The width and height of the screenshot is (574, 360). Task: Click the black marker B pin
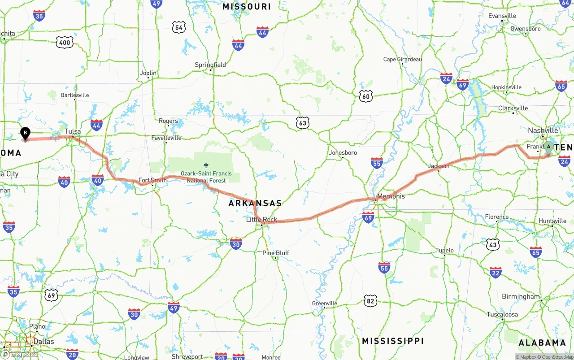coord(26,133)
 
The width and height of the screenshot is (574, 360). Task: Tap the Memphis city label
coord(391,196)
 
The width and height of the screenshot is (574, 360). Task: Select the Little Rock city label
coord(261,220)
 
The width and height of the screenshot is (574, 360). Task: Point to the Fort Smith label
coord(152,180)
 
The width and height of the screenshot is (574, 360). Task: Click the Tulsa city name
coord(73,131)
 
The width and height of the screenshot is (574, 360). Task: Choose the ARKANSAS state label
coord(255,203)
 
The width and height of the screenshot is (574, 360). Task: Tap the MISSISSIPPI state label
coord(392,341)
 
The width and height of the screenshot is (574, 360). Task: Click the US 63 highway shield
coord(303,123)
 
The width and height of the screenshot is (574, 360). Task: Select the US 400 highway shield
coord(65,43)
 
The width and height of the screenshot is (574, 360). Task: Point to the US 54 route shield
coord(178,27)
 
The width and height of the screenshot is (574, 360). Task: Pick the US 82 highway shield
coord(370,300)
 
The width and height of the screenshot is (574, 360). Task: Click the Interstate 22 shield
coord(496,272)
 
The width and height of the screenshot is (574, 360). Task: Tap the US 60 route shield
coord(366,95)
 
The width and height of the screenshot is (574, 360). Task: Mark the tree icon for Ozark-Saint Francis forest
coord(206,166)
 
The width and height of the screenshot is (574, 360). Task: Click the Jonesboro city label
coord(343,152)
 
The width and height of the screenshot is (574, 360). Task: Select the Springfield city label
coord(210,65)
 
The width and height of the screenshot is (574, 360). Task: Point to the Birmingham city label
coord(521,296)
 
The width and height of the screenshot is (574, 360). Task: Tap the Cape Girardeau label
coord(402,59)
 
